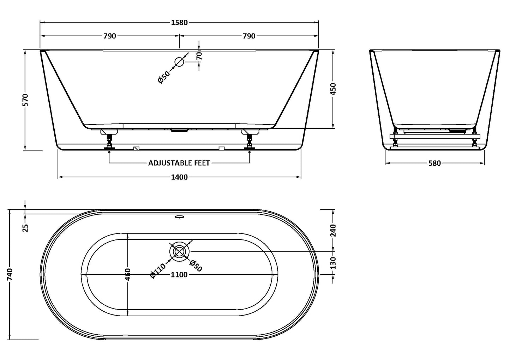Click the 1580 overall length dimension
coord(179,23)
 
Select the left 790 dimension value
coord(110,36)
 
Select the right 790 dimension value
coord(249,36)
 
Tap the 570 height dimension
coord(25,100)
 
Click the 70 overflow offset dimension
coord(199,56)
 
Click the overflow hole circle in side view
coord(179,62)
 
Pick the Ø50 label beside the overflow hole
coord(164,77)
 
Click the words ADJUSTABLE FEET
coord(179,163)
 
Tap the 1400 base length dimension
coord(179,177)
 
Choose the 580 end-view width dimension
coord(434,163)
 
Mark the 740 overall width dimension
coord(10,274)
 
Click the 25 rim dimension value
coord(25,228)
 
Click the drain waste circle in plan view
coord(179,251)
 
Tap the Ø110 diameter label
coord(158,270)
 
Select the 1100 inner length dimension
coord(179,275)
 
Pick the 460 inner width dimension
coord(128,274)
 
